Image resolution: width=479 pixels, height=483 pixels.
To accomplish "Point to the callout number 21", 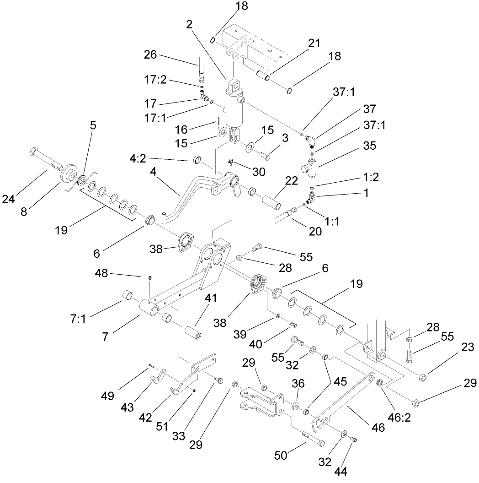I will pos(314,43).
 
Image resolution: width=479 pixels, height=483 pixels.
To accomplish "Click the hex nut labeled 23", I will pos(423,377).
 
